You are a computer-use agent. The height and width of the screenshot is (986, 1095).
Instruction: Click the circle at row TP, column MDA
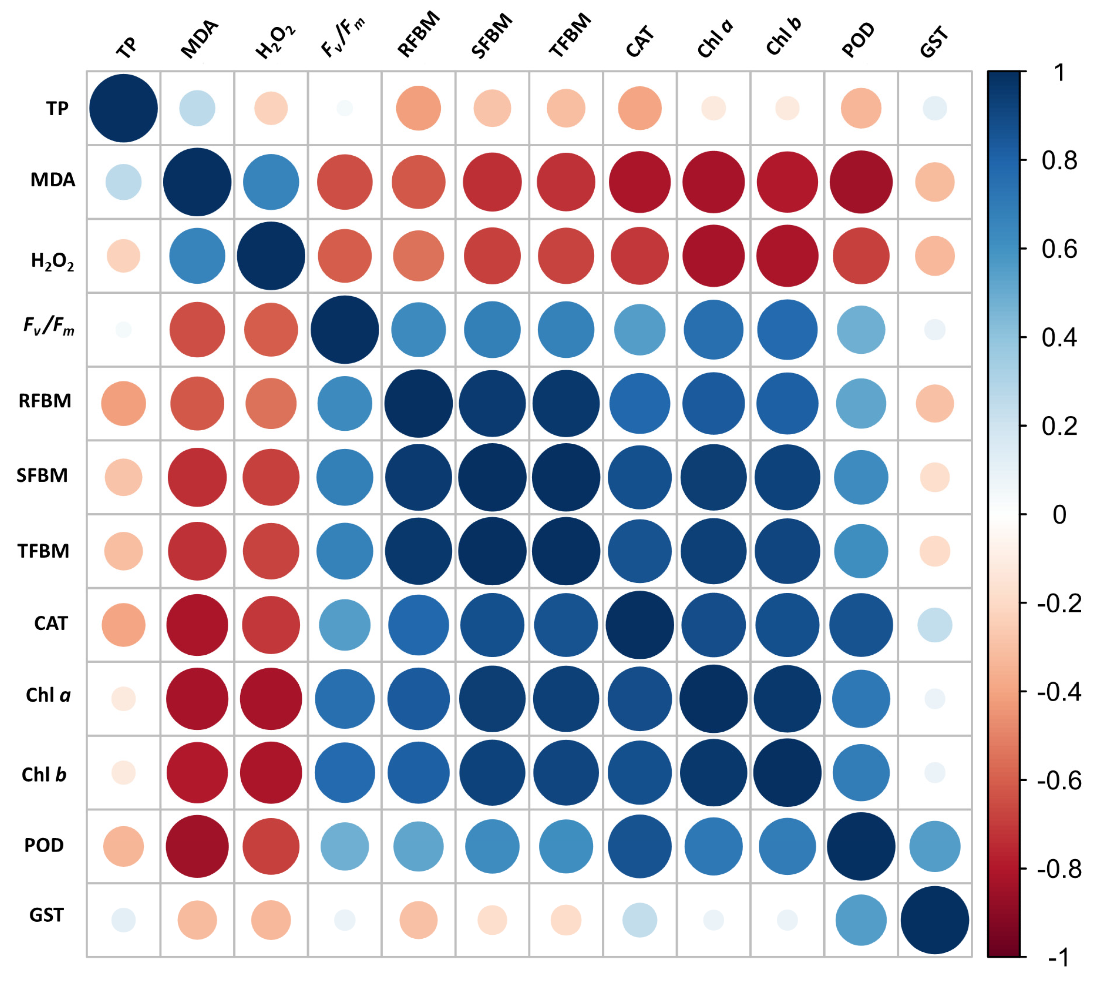coord(197,108)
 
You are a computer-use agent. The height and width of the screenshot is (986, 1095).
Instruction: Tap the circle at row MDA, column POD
coord(861,182)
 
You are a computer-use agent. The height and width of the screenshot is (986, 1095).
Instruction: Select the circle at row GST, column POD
coord(861,920)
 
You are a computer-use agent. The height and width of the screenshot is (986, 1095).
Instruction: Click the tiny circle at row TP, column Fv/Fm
coord(345,108)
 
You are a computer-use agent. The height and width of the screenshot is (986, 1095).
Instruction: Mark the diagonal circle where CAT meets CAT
coord(640,625)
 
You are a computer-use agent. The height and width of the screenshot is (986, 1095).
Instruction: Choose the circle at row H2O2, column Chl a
coord(714,256)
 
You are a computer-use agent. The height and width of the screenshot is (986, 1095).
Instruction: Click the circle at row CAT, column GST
coord(935,625)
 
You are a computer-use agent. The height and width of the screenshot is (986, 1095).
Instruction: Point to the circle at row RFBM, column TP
coord(124,404)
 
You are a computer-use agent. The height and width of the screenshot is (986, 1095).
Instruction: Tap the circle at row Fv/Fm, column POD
coord(861,330)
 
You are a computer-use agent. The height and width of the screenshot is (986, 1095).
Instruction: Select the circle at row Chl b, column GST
coord(935,772)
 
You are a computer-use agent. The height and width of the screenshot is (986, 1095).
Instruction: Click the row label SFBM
coord(42,475)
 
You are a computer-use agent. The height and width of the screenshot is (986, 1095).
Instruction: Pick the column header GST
coord(934,42)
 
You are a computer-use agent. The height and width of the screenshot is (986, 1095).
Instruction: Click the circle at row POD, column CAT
coord(640,846)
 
